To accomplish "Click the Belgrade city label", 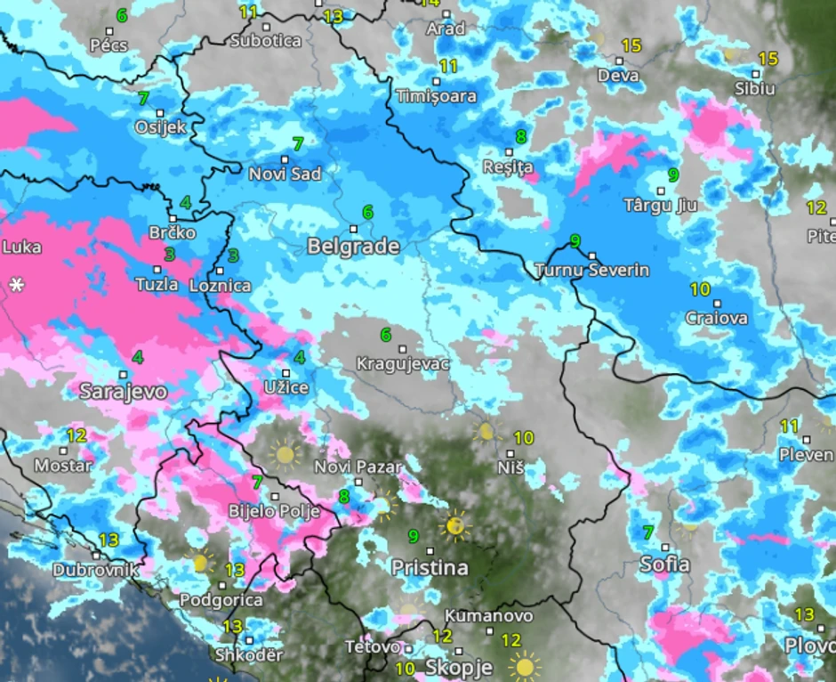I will (x=353, y=247).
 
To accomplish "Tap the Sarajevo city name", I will (x=124, y=391).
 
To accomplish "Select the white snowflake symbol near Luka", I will (x=16, y=285).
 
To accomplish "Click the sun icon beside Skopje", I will (x=524, y=666).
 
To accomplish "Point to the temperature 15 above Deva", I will (x=631, y=45).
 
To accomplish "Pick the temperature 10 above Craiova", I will (x=700, y=289).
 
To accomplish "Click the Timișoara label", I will (x=436, y=95).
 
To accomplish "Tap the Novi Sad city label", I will (x=285, y=174).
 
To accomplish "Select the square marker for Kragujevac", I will (x=403, y=349).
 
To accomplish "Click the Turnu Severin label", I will (x=592, y=270).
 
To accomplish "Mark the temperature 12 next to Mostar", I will (x=76, y=435).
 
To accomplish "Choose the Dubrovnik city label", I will (x=95, y=570).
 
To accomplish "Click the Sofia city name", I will (x=664, y=564).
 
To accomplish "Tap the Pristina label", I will (x=430, y=567).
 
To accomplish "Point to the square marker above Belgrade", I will (x=353, y=229).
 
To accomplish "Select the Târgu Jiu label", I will (x=660, y=206).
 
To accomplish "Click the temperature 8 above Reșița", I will (x=520, y=137).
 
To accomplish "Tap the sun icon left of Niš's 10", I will (x=486, y=432).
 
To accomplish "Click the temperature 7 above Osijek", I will (x=143, y=98).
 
